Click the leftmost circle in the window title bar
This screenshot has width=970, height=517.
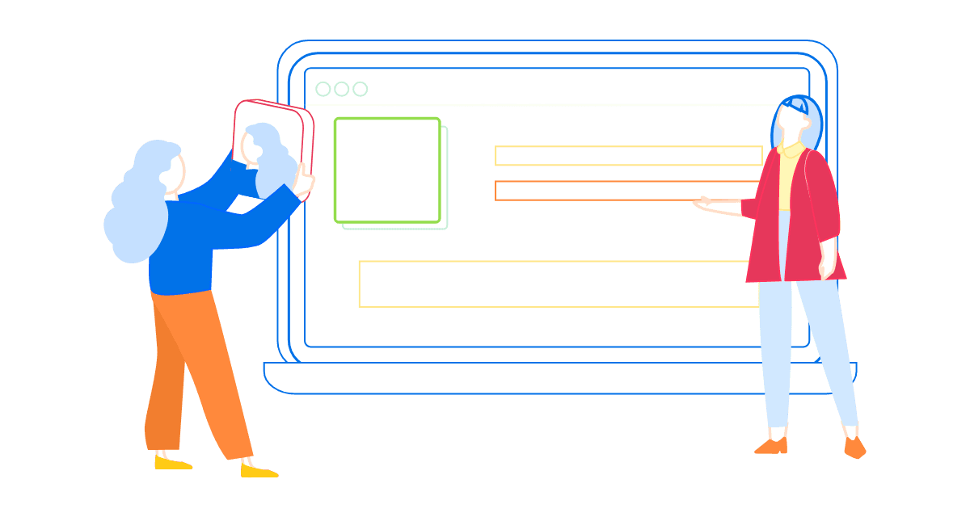click(323, 89)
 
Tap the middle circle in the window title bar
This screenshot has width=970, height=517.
click(342, 89)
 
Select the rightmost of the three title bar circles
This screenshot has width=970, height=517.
click(361, 89)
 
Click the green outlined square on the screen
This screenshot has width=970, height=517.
click(387, 170)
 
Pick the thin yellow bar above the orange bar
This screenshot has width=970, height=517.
click(628, 155)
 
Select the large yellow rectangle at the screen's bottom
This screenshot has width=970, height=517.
click(558, 284)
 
